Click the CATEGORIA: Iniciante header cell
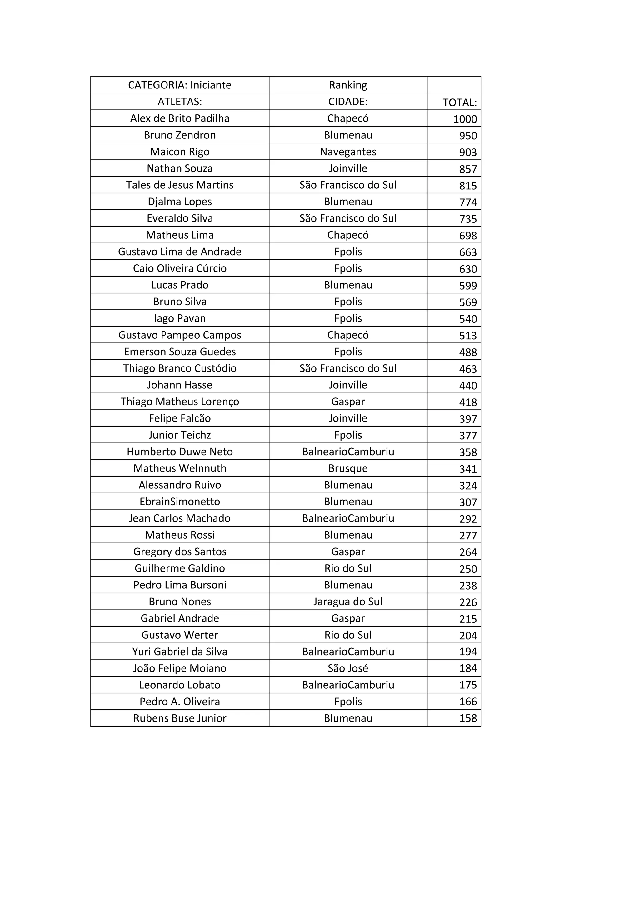coord(180,85)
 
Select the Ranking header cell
coord(348,85)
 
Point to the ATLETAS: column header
coord(180,102)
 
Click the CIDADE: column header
coord(348,102)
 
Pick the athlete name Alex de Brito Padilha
coord(180,118)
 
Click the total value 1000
coord(465,119)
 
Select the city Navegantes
coord(348,152)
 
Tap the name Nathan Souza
coord(180,168)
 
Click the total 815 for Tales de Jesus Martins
coord(468,186)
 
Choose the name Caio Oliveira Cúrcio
coord(180,268)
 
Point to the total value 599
coord(468,286)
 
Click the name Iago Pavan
coord(180,318)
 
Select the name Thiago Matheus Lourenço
coord(180,402)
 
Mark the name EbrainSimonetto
coord(180,502)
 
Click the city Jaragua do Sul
coord(348,602)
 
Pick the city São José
coord(348,668)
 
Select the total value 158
coord(468,718)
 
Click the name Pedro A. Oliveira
coord(180,702)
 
